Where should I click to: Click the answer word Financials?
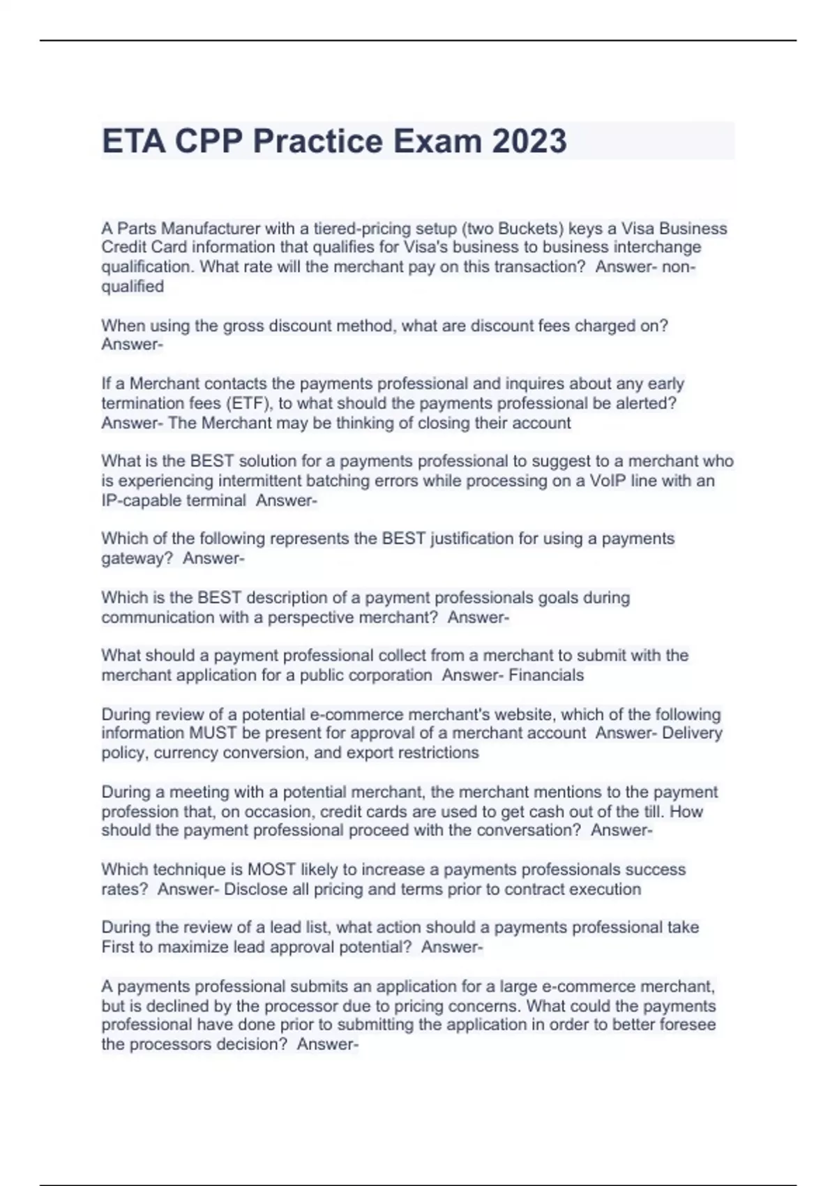tap(546, 675)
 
